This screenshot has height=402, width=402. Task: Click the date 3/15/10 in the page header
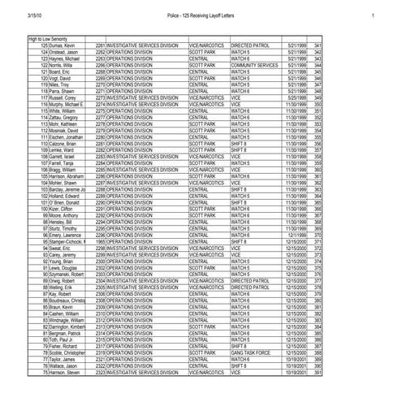click(34, 15)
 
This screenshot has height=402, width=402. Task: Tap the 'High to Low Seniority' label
click(47, 39)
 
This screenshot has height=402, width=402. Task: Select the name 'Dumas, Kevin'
click(60, 45)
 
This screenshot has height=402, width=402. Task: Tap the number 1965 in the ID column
click(100, 243)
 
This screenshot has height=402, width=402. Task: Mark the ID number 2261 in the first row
click(100, 45)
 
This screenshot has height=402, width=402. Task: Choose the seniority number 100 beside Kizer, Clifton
click(44, 207)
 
